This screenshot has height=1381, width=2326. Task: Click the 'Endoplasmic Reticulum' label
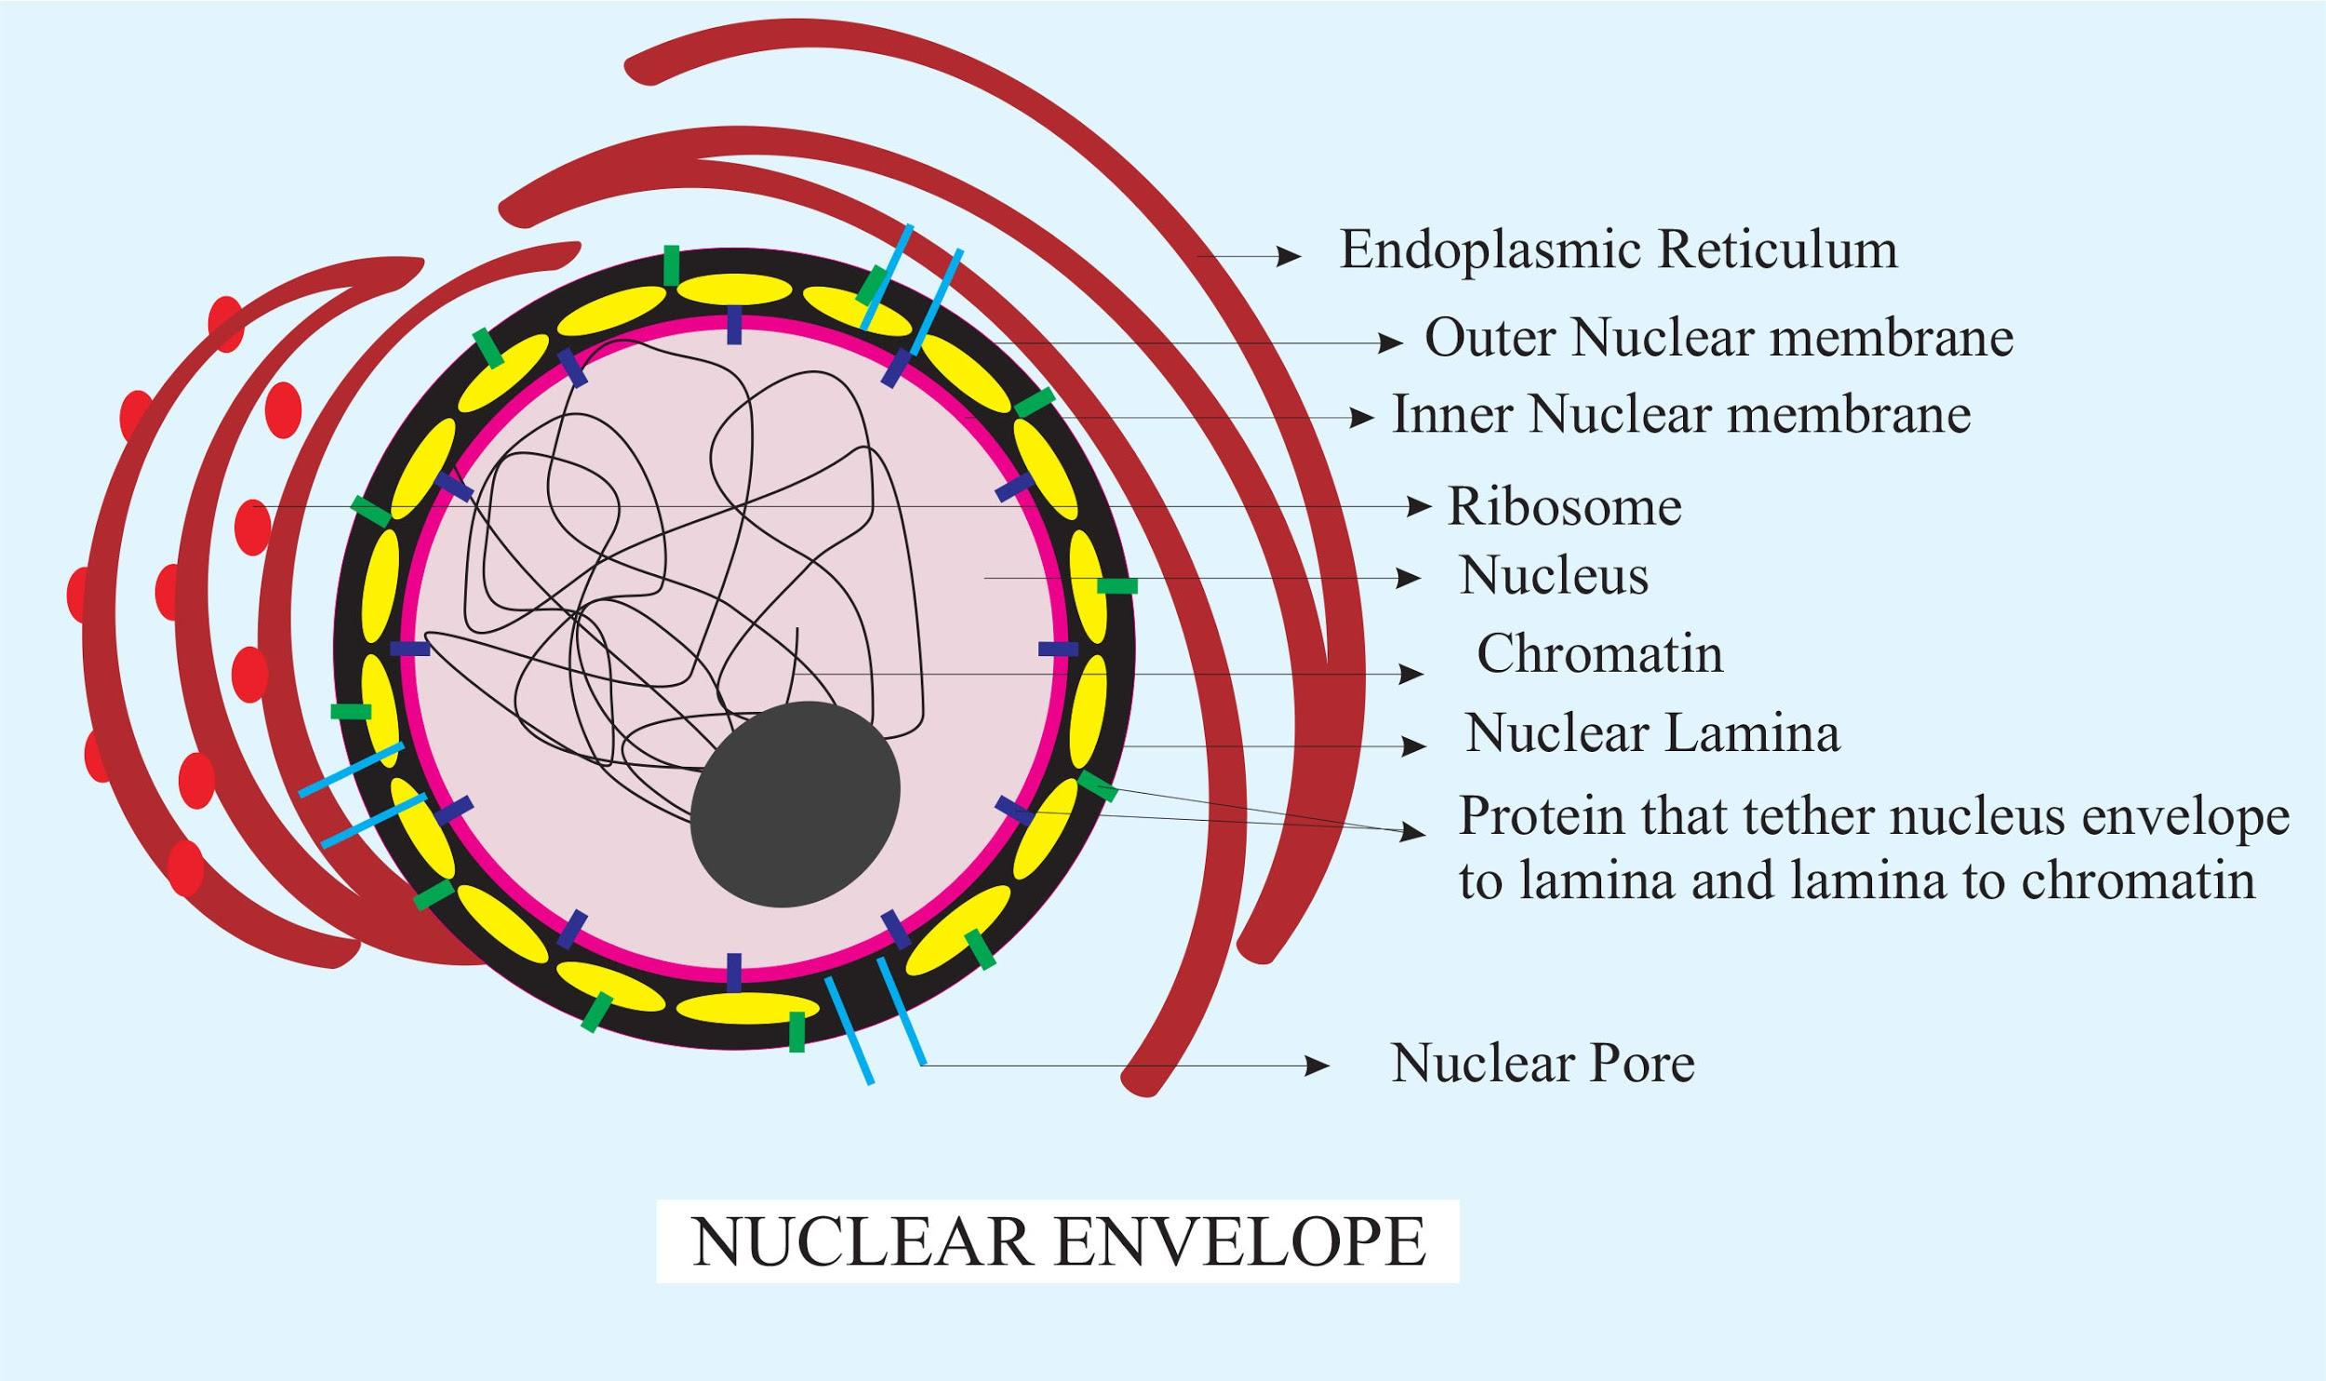[x=1617, y=250]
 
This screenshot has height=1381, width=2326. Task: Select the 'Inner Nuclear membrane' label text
[x=1680, y=414]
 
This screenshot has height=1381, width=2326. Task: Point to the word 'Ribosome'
[x=1564, y=507]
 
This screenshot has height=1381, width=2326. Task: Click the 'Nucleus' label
[x=1553, y=575]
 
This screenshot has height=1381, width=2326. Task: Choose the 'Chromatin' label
[x=1599, y=653]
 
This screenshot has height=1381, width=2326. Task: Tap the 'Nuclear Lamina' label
[x=1652, y=733]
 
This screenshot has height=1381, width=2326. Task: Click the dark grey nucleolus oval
[x=795, y=804]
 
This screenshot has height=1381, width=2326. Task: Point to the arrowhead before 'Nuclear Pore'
[x=1317, y=1066]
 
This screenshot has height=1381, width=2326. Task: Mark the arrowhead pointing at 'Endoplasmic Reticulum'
[x=1289, y=257]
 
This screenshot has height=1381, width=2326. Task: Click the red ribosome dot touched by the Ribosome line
[x=252, y=527]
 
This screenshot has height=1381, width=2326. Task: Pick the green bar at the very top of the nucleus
[x=671, y=265]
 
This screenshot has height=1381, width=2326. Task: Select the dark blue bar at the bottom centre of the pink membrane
[x=734, y=972]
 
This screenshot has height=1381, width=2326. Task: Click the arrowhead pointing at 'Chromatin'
[x=1412, y=675]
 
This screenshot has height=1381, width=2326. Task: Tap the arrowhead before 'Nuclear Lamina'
[x=1414, y=746]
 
